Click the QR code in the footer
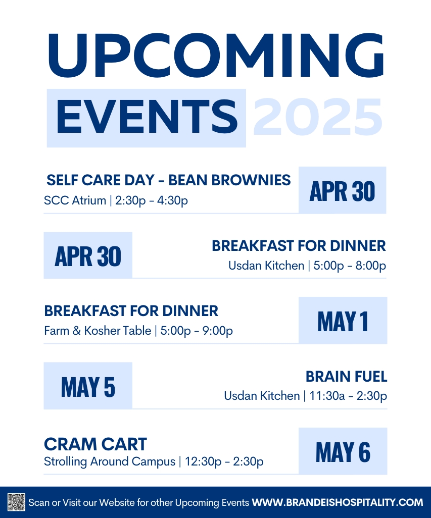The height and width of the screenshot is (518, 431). point(17,502)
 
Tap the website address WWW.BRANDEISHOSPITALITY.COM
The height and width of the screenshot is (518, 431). point(338,502)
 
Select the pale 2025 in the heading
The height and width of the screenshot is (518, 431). point(318,117)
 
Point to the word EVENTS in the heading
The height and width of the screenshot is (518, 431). point(147,117)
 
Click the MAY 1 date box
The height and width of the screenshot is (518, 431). point(343,321)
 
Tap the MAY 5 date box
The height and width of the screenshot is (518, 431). point(88,386)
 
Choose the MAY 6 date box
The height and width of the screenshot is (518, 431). point(343,451)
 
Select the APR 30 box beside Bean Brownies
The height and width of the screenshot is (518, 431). point(343,190)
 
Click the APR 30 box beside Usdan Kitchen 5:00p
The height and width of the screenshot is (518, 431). point(88,255)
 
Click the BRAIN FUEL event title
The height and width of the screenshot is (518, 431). point(346,377)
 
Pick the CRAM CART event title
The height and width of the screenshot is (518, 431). point(95,444)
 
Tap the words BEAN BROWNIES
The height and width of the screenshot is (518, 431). point(229,180)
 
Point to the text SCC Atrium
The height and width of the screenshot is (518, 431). point(75,200)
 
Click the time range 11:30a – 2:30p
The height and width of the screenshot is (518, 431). point(348,396)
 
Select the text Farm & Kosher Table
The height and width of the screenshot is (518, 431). point(98,331)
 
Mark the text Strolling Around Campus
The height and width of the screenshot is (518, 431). point(110,461)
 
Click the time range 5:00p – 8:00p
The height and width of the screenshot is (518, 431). point(350,266)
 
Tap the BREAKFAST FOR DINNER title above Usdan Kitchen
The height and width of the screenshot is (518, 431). point(299,246)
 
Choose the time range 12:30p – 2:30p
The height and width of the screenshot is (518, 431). point(224,461)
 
